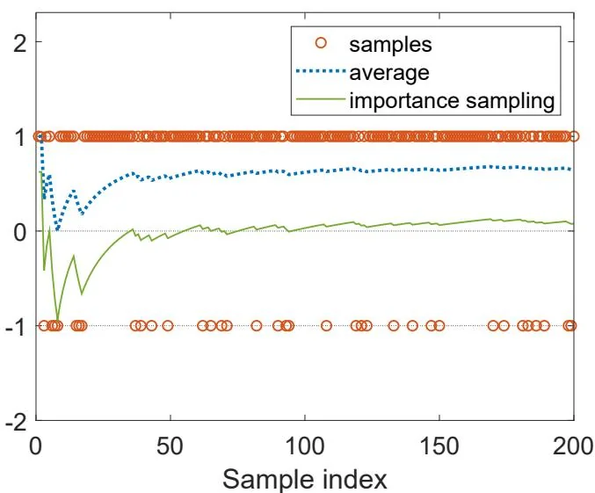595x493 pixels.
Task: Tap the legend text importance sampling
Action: point(452,99)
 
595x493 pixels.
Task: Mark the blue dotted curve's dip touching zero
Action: point(58,230)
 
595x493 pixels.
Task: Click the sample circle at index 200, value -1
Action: point(571,326)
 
